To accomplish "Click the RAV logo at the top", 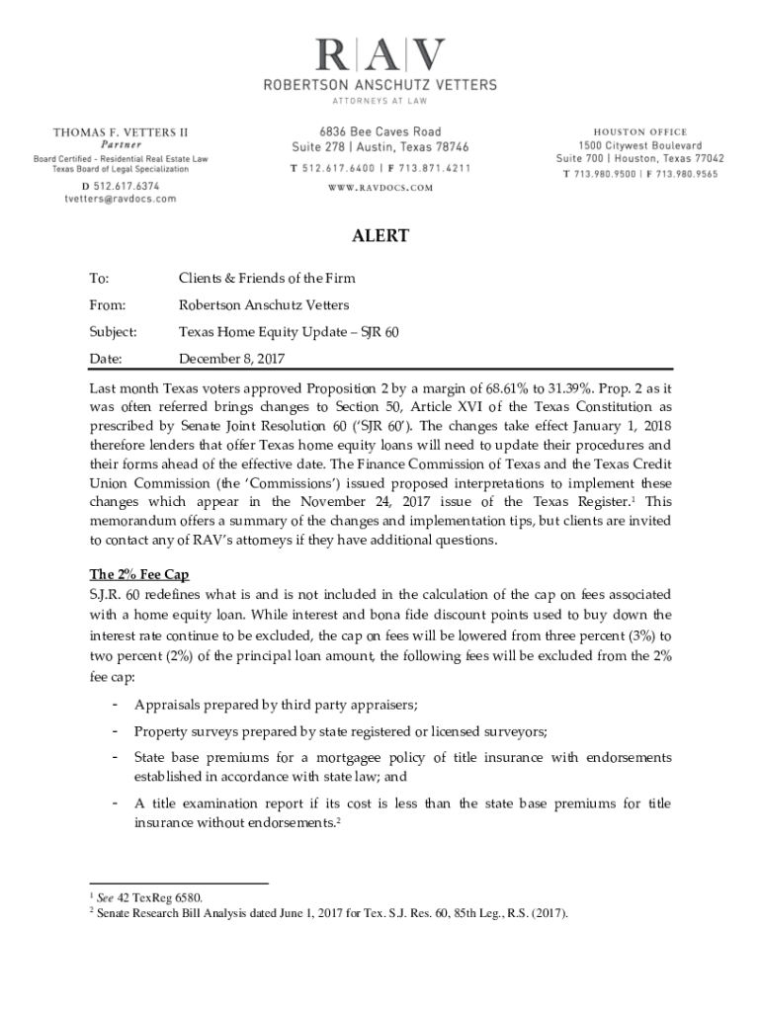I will (380, 56).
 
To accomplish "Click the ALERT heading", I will (380, 236).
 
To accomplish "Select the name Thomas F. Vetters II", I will (121, 132).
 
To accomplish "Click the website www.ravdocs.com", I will (380, 187).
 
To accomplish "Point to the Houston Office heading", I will (639, 132).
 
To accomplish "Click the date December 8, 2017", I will (232, 358).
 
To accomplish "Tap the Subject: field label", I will (114, 332).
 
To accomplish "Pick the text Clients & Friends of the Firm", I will (266, 278).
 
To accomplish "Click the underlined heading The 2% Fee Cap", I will (138, 574).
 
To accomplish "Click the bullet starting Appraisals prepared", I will (276, 705).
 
